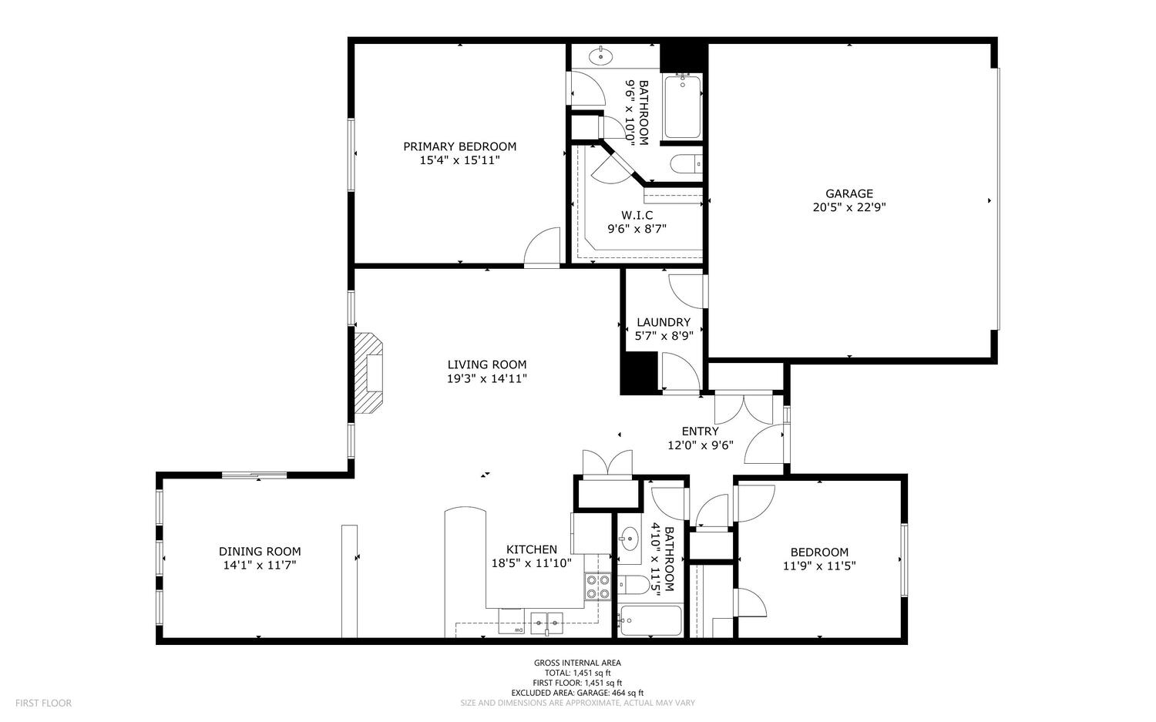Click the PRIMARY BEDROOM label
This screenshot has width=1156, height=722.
459,146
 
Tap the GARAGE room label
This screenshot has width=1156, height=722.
849,193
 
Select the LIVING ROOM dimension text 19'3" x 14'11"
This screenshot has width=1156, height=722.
487,378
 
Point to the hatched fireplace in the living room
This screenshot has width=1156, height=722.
370,374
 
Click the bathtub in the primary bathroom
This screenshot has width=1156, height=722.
681,107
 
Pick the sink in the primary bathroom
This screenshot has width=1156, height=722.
600,56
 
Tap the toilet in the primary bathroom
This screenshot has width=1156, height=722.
685,163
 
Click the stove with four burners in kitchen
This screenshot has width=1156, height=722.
597,587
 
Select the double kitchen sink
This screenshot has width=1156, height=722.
546,620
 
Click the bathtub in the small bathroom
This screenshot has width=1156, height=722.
651,621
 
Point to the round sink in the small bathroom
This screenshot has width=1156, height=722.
630,539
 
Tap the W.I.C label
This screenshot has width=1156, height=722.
637,215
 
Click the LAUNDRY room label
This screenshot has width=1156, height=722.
664,322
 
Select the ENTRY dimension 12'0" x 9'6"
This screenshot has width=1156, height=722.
700,445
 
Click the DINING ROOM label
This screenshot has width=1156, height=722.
260,551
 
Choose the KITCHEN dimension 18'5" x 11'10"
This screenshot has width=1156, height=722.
531,562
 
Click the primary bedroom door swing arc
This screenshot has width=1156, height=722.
543,247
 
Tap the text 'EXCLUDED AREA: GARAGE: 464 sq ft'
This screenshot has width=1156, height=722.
577,693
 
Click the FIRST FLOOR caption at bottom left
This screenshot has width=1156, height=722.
43,703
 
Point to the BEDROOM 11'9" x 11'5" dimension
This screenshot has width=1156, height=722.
819,565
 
